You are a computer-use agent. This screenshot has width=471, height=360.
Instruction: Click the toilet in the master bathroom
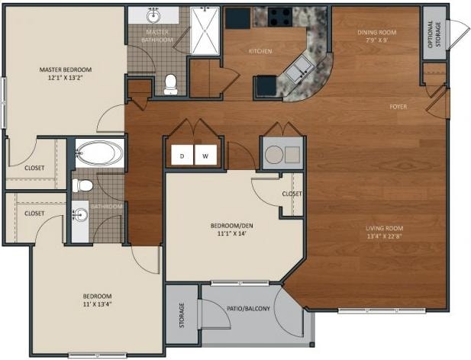[171, 85]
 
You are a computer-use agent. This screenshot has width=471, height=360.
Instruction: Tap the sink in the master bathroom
[153, 15]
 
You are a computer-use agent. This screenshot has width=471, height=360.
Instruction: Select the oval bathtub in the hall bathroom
[99, 153]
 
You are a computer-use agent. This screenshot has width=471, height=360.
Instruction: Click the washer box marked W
[206, 155]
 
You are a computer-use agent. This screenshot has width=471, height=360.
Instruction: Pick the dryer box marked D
[182, 155]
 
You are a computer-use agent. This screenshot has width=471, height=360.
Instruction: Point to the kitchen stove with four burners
[280, 17]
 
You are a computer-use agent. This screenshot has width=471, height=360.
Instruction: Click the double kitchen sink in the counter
[300, 69]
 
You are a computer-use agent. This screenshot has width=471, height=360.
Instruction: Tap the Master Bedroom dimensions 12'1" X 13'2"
[66, 78]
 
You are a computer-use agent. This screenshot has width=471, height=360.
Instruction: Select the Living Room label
[385, 228]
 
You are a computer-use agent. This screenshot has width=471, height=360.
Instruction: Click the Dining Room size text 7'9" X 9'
[376, 40]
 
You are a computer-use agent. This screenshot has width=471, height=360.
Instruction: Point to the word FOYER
[398, 107]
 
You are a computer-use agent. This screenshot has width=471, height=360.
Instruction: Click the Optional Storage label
[434, 34]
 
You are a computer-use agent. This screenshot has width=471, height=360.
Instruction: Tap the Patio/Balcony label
[248, 308]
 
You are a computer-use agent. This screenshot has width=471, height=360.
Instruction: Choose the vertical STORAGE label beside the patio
[182, 315]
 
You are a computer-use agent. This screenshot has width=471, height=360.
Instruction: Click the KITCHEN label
[260, 51]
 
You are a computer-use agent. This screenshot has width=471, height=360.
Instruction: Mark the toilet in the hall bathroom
[82, 185]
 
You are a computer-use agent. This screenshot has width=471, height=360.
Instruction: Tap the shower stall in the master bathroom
[205, 31]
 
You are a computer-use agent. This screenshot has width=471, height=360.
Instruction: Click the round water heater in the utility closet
[274, 155]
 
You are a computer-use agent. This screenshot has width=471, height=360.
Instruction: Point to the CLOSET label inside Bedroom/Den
[292, 194]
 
